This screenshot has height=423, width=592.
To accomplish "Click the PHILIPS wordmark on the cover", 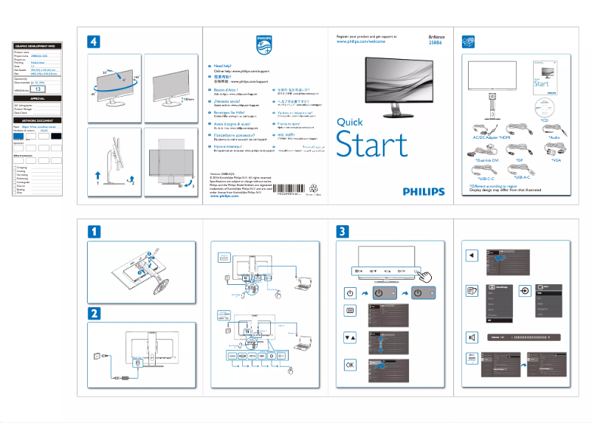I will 424,191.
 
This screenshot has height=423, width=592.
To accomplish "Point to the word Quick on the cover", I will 350,123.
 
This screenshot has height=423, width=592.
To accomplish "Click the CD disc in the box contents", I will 545,103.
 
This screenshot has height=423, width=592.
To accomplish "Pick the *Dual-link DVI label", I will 487,159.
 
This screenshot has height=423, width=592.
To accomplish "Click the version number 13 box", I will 39,88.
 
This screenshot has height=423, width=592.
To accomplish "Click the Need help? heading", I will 224,66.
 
